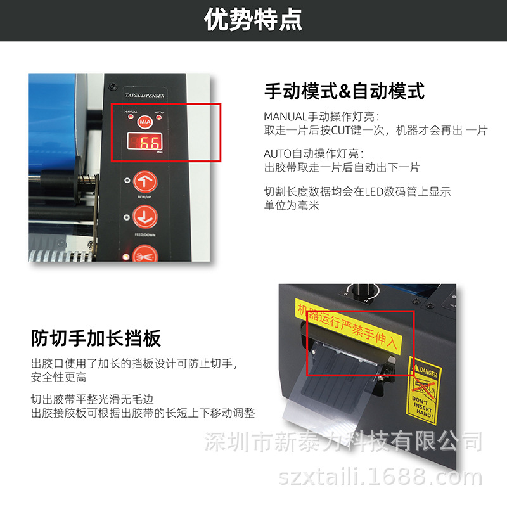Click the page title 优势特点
coord(253,20)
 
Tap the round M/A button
coord(144,120)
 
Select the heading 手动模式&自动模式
coord(344,91)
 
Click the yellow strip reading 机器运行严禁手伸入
coord(349,326)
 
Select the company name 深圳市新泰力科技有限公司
coord(345,441)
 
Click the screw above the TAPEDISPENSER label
coord(112,86)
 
